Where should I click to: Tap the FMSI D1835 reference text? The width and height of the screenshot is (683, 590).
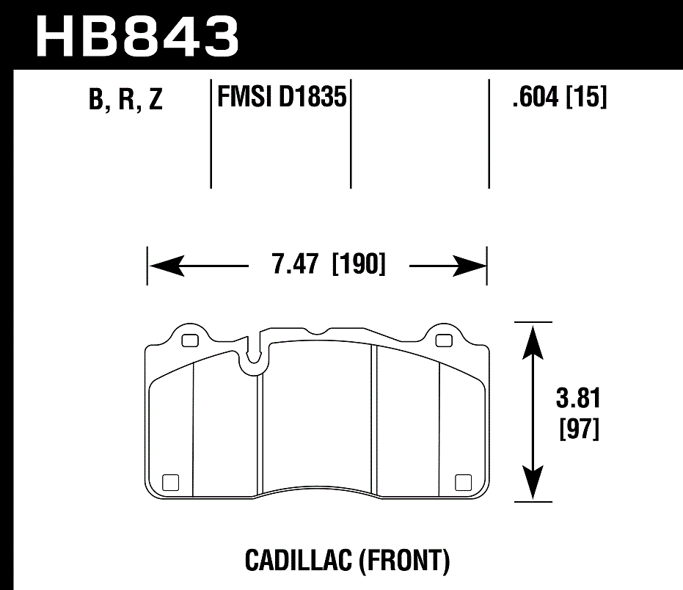coord(282,97)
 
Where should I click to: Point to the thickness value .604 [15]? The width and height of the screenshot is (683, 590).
coord(560,97)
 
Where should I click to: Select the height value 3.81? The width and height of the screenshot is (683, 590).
coord(578,401)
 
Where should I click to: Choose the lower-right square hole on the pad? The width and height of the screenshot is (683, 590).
coord(462,482)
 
